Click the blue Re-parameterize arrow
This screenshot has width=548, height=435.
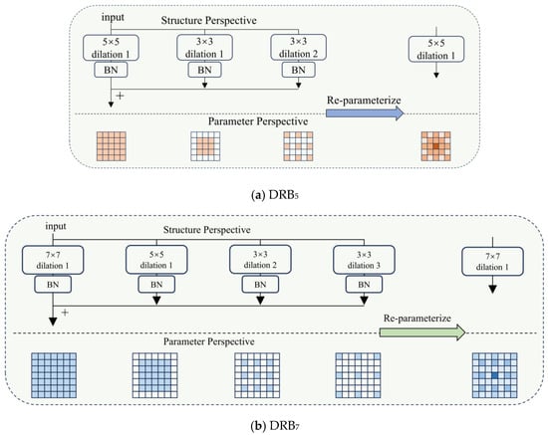tap(365, 113)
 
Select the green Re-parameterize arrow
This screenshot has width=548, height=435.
tap(422, 332)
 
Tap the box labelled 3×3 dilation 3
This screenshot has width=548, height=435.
tap(364, 260)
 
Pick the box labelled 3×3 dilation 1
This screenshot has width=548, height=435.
tap(204, 48)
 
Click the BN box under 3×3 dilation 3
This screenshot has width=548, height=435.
tap(364, 285)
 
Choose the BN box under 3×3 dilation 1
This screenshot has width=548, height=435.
tap(204, 70)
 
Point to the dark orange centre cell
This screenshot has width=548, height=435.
tap(435, 146)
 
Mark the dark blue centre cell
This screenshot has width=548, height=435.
tap(494, 375)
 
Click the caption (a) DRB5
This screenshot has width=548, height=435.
tap(275, 195)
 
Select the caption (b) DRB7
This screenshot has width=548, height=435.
tap(275, 426)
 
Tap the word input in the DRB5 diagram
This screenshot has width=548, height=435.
tap(113, 18)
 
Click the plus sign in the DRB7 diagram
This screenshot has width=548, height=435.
tap(65, 313)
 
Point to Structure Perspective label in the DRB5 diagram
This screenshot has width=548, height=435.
tap(208, 20)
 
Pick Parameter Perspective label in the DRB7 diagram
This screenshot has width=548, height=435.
tap(208, 341)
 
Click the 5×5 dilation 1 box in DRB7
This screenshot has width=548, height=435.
tap(156, 260)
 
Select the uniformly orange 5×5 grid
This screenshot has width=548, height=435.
tap(112, 146)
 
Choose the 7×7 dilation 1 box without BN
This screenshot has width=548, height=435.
tap(492, 262)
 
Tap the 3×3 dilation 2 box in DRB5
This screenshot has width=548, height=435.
tap(298, 48)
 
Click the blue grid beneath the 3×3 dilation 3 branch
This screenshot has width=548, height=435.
tap(358, 375)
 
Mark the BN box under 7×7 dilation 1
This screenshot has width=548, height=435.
tap(53, 285)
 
